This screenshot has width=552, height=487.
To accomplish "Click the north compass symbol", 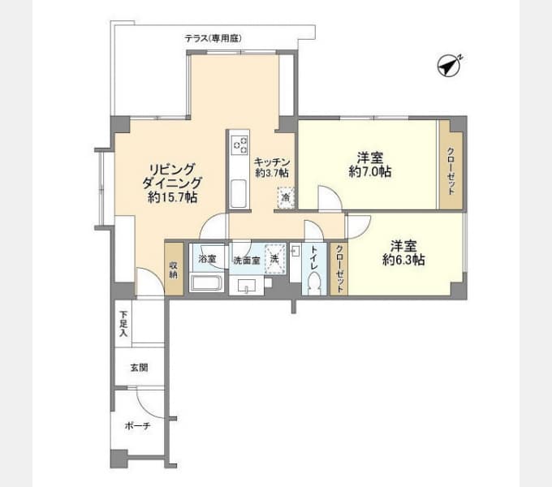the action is pyautogui.click(x=449, y=66).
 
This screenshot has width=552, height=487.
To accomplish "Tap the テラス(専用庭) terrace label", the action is pyautogui.click(x=213, y=38).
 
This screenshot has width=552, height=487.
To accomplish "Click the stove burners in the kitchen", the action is pyautogui.click(x=239, y=144).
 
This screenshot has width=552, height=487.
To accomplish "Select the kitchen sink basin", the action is pyautogui.click(x=239, y=194).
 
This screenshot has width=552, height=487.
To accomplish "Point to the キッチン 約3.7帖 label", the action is pyautogui.click(x=272, y=167).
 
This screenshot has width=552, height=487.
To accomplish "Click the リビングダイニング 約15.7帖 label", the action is pyautogui.click(x=172, y=183).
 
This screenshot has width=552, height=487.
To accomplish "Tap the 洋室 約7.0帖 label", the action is pyautogui.click(x=370, y=164).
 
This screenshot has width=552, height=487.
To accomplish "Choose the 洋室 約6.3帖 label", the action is pyautogui.click(x=403, y=252).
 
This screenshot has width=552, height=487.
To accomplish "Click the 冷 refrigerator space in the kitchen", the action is pyautogui.click(x=286, y=197).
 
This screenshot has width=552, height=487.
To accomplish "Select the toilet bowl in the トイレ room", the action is pyautogui.click(x=313, y=283).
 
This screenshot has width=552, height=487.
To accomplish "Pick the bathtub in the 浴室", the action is pyautogui.click(x=206, y=283).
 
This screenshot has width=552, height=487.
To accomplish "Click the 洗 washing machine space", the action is pyautogui.click(x=275, y=259).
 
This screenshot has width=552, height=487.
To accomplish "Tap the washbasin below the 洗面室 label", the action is pyautogui.click(x=246, y=286).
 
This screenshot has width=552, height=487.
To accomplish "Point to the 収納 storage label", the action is pyautogui.click(x=174, y=270).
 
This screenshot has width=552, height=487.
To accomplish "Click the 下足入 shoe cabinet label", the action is pyautogui.click(x=123, y=323).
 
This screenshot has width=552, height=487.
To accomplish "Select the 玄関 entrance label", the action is pyautogui.click(x=139, y=368).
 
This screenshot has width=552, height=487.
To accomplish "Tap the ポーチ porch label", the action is pyautogui.click(x=138, y=426).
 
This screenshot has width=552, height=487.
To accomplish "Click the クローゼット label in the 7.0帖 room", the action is pyautogui.click(x=451, y=171).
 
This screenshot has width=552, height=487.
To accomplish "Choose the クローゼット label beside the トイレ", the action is pyautogui.click(x=339, y=269).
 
